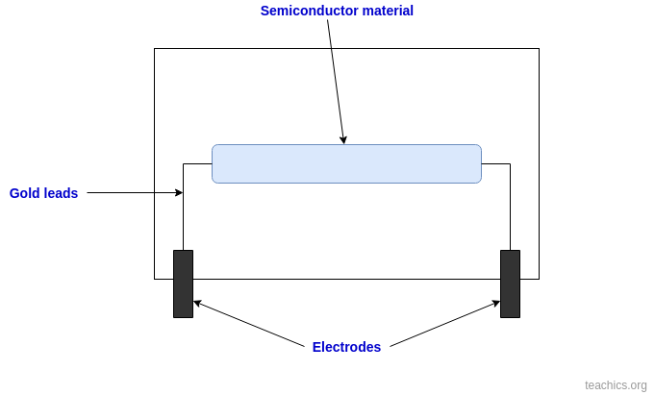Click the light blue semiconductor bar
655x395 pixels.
click(x=346, y=163)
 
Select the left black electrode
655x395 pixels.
click(x=183, y=284)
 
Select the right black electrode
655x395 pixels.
click(x=510, y=284)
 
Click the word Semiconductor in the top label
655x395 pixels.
click(x=304, y=11)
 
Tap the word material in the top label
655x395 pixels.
click(x=383, y=11)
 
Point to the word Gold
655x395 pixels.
click(x=25, y=193)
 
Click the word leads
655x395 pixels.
click(x=62, y=193)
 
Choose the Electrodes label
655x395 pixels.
click(x=346, y=347)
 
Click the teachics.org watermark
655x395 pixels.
click(x=616, y=385)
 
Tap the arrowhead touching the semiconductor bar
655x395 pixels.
click(x=343, y=140)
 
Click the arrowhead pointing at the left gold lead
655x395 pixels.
click(x=179, y=193)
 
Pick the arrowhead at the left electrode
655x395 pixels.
click(x=197, y=304)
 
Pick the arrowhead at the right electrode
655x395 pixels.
click(x=496, y=304)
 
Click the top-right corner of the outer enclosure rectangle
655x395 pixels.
click(x=539, y=49)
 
